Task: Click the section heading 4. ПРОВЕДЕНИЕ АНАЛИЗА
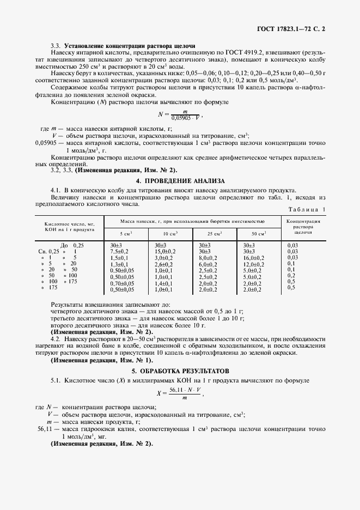click(x=180, y=180)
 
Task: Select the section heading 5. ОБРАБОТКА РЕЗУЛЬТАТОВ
click(x=180, y=370)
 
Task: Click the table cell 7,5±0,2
click(x=119, y=252)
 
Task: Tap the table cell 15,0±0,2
click(x=164, y=252)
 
